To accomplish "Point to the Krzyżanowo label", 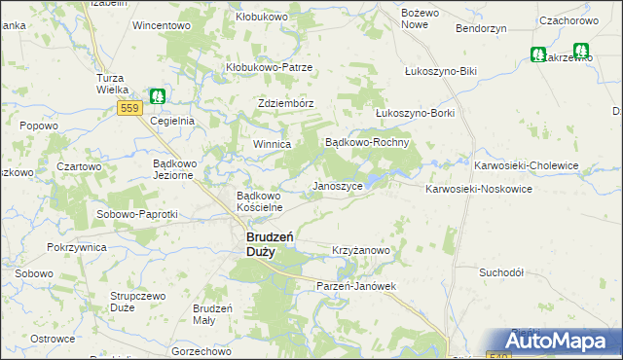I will point(361,250).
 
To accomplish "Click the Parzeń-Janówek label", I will point(357,286).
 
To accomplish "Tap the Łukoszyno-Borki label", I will point(415,112).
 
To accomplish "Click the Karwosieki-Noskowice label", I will point(478,189).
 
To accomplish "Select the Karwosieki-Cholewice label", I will point(526,165).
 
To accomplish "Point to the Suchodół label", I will point(502,272).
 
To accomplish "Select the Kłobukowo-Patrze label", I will point(269,67).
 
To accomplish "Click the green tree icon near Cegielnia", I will point(158,97).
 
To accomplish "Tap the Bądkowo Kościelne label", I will point(260,200).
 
